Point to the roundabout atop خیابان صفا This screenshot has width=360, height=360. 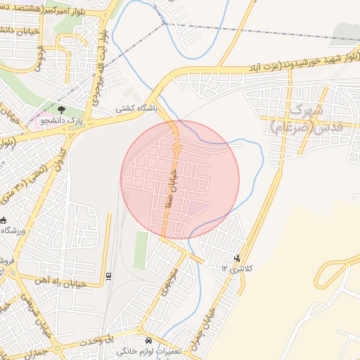[177, 148]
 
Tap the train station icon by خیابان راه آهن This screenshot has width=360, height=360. [108, 275]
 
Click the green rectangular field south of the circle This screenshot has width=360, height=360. [141, 250]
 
